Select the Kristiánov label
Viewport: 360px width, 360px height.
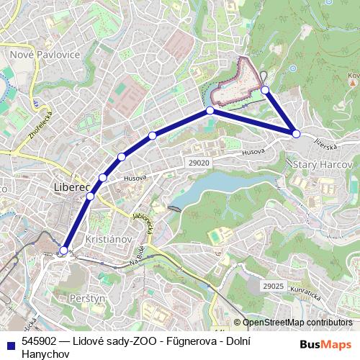tap(106, 238)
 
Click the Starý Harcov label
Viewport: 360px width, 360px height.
tap(324, 165)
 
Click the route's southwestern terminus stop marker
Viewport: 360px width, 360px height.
tap(63, 251)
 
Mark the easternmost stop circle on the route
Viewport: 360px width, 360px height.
tap(296, 133)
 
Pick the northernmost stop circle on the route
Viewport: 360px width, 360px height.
tap(265, 90)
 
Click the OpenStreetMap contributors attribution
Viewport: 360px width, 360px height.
tap(297, 323)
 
